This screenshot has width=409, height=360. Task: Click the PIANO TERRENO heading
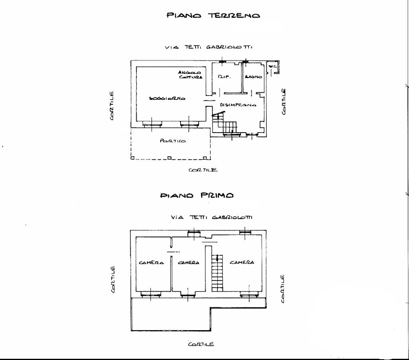pyautogui.click(x=213, y=16)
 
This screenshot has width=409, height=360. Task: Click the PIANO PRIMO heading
pyautogui.click(x=197, y=196)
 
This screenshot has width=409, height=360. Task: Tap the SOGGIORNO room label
pyautogui.click(x=167, y=98)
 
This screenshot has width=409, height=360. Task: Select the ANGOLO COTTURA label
pyautogui.click(x=190, y=75)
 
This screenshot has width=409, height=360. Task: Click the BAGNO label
pyautogui.click(x=254, y=77)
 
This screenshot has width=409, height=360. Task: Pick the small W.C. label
pyautogui.click(x=273, y=67)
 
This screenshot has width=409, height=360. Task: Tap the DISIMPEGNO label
pyautogui.click(x=238, y=105)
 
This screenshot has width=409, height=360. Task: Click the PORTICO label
pyautogui.click(x=173, y=141)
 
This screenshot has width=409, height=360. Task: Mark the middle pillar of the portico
pyautogui.click(x=169, y=158)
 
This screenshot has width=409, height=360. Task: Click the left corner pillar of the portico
pyautogui.click(x=132, y=158)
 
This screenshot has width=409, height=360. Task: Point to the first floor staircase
pyautogui.click(x=217, y=273)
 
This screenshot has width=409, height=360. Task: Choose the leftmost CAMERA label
pyautogui.click(x=151, y=262)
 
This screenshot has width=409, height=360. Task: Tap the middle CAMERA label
pyautogui.click(x=188, y=262)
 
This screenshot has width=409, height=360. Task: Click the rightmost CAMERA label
pyautogui.click(x=242, y=262)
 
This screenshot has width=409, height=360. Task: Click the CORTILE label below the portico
pyautogui.click(x=203, y=170)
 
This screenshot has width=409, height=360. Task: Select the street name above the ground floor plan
pyautogui.click(x=208, y=47)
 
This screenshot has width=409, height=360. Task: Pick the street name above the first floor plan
pyautogui.click(x=212, y=217)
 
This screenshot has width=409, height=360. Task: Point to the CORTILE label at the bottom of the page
pyautogui.click(x=201, y=344)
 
